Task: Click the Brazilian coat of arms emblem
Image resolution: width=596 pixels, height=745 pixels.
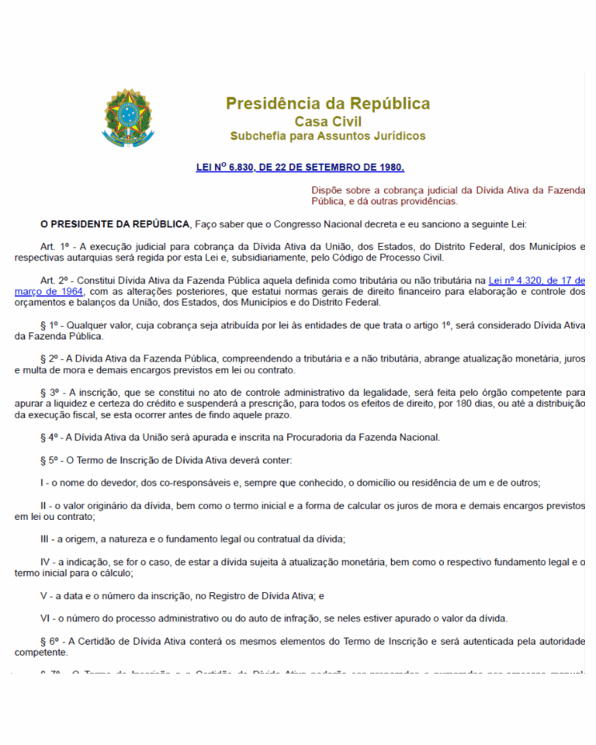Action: tap(129, 117)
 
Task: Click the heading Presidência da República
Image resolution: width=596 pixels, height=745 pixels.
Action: tap(327, 103)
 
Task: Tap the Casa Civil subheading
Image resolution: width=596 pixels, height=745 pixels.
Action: tap(327, 121)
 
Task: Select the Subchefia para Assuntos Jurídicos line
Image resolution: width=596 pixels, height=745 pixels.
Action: tap(327, 136)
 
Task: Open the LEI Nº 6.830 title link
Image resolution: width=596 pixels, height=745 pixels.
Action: tap(300, 167)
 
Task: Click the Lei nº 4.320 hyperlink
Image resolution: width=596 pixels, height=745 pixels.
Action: tap(536, 280)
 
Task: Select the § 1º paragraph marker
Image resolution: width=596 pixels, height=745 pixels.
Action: tap(50, 324)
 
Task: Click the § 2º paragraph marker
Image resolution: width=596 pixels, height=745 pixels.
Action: tap(50, 359)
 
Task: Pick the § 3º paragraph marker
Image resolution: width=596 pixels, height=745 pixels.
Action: tap(50, 393)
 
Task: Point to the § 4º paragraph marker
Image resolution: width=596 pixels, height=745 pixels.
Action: tap(50, 437)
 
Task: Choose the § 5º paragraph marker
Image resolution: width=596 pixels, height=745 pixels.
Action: tap(50, 459)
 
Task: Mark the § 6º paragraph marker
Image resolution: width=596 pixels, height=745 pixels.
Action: tap(50, 641)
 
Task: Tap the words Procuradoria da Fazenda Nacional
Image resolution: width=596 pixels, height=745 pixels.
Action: tap(365, 437)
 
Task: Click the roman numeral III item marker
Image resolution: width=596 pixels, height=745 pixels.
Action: tap(45, 539)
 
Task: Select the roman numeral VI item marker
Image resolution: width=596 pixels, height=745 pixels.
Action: tap(45, 619)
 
